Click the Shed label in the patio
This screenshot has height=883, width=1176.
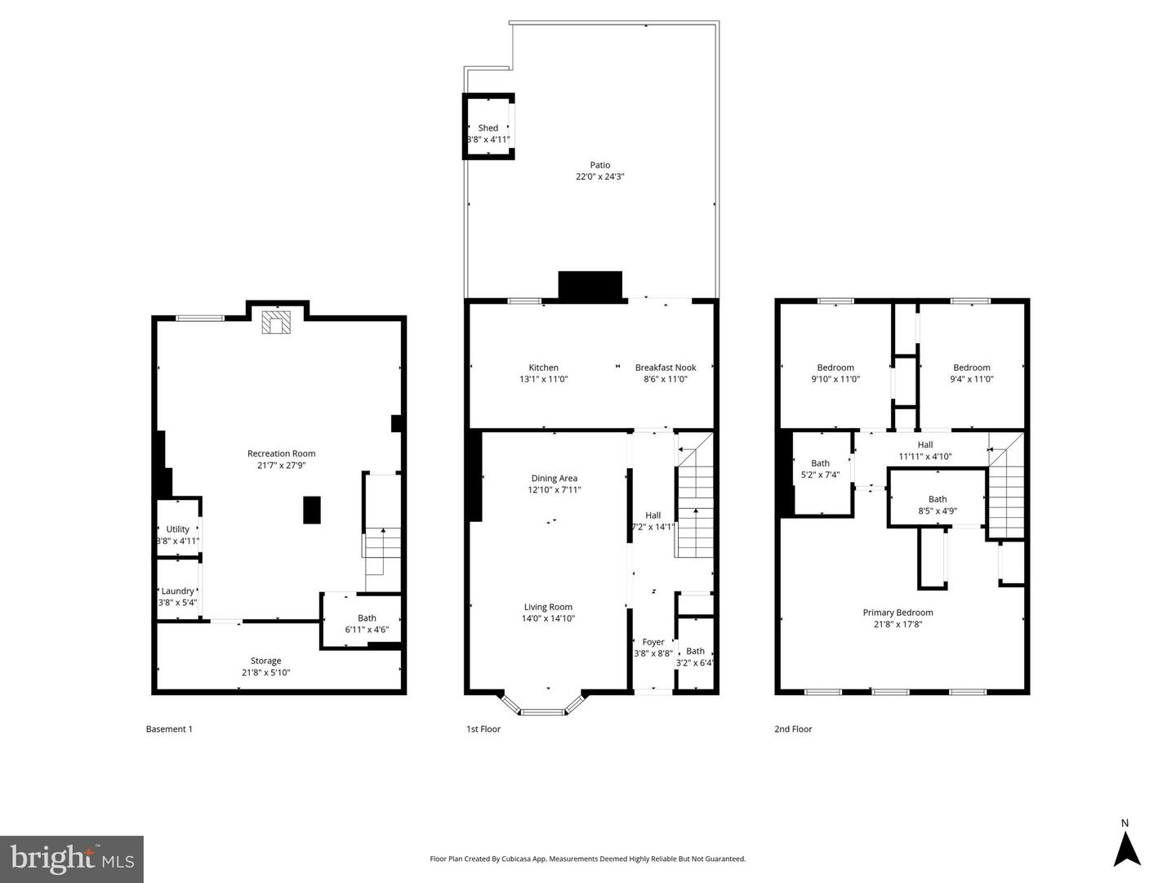click(x=488, y=128)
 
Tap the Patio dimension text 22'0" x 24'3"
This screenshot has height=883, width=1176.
click(x=600, y=176)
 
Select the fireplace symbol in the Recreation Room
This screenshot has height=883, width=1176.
click(x=275, y=322)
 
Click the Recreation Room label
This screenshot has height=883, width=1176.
click(x=281, y=453)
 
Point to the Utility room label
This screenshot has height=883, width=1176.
click(x=177, y=529)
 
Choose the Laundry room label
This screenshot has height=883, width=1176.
click(x=177, y=591)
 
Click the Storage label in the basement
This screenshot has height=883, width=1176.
click(x=265, y=661)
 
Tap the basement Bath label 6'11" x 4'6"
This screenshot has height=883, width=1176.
click(x=367, y=618)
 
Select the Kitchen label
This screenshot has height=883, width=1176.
click(x=543, y=368)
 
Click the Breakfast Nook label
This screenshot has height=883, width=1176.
click(x=666, y=368)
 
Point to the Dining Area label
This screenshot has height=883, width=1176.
click(x=555, y=479)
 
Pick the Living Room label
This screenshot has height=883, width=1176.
click(x=548, y=607)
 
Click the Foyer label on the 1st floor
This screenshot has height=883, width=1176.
click(x=653, y=642)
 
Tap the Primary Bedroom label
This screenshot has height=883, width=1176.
click(x=898, y=613)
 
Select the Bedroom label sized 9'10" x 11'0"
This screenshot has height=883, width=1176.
click(x=835, y=368)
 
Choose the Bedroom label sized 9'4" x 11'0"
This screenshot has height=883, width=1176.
click(x=971, y=368)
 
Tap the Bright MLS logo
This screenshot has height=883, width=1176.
click(x=72, y=858)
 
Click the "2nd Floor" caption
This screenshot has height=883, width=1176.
click(x=793, y=729)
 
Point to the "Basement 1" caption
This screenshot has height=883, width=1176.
click(x=169, y=729)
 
